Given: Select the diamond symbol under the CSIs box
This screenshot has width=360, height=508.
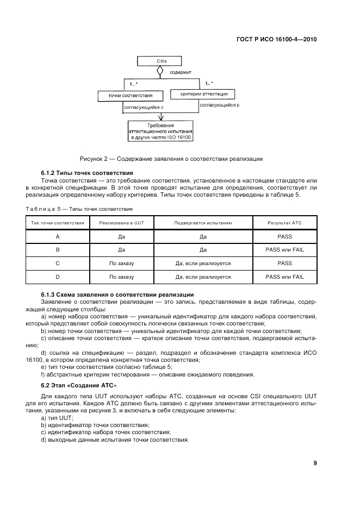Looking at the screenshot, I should (x=160, y=71).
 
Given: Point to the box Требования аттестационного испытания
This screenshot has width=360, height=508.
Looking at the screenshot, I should (x=160, y=131).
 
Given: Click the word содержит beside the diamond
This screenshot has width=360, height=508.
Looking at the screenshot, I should (x=181, y=71).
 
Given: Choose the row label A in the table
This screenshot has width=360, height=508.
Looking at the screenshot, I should (x=58, y=236).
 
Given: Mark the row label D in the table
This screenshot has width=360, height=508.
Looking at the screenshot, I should (x=58, y=277).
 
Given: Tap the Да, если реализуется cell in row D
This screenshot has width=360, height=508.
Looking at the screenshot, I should (x=203, y=277).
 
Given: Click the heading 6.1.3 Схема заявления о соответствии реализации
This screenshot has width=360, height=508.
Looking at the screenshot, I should (x=102, y=294).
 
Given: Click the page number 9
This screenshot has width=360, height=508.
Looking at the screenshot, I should (x=315, y=463).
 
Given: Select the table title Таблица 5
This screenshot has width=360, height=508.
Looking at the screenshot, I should (x=79, y=209).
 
